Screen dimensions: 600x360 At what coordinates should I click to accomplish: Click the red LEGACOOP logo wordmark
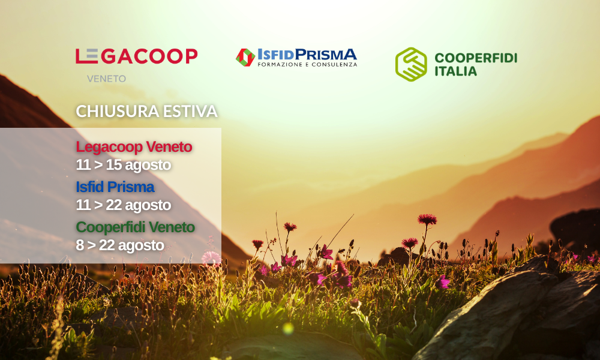[137, 56]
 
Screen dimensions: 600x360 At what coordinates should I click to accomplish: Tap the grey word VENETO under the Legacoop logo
[106, 79]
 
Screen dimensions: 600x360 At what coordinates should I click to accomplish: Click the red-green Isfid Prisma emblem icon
[245, 58]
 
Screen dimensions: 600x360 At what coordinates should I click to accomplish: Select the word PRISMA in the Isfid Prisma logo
[326, 55]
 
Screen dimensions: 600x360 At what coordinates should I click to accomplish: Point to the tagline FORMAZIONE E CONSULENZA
[307, 65]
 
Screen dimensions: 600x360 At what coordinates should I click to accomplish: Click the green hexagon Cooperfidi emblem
[411, 64]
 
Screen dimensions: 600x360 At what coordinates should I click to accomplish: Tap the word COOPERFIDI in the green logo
[476, 58]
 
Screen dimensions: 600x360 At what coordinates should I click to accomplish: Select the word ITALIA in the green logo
[456, 71]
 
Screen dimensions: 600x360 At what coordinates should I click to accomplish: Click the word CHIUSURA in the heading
[118, 112]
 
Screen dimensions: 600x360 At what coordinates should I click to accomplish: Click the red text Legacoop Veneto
[134, 147]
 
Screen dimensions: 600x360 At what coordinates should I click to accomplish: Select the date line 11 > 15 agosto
[123, 165]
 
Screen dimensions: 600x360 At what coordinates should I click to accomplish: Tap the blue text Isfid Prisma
[115, 187]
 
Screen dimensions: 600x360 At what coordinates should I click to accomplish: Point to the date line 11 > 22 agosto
[123, 205]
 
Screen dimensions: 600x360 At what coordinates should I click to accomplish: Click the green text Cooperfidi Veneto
[135, 227]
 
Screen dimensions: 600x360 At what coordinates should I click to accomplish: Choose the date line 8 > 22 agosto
[120, 245]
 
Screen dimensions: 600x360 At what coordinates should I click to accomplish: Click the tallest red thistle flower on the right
[427, 219]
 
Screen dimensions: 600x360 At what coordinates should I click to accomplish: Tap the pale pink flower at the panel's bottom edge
[211, 258]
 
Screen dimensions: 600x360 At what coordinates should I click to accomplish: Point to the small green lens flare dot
[288, 328]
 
